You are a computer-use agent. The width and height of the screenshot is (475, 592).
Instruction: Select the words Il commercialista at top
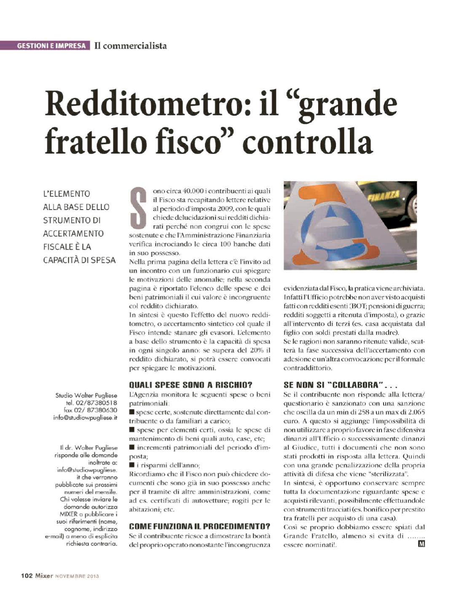(x=130, y=46)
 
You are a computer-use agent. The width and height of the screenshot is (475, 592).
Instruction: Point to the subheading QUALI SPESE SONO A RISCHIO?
(x=191, y=385)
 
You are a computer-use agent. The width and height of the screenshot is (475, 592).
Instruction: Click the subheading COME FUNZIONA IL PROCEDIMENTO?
(x=200, y=526)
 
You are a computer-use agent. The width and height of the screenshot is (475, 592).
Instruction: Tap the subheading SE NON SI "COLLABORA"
(x=333, y=385)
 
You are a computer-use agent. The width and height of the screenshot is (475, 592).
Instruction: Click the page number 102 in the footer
(x=27, y=576)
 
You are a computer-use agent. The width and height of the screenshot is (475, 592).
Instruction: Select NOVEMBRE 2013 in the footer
(x=77, y=576)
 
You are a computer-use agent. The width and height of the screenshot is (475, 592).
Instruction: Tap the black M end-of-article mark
(x=421, y=544)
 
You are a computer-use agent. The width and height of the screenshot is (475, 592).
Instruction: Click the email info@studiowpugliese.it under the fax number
(x=86, y=417)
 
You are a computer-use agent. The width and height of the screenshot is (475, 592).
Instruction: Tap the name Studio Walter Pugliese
(x=86, y=396)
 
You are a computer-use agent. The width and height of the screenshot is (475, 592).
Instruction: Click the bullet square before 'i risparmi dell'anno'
(x=132, y=465)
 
